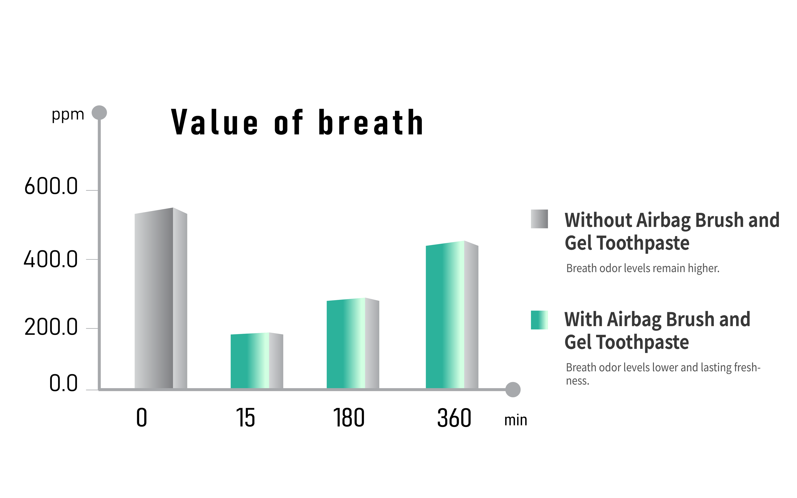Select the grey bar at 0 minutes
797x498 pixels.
point(161,298)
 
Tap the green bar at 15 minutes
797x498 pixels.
point(257,361)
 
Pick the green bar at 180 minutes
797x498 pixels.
point(353,343)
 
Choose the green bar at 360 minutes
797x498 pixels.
point(452,315)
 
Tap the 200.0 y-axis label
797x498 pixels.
point(51,327)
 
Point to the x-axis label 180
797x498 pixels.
point(349,418)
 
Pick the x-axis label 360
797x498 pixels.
point(454,418)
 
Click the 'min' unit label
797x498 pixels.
point(516,420)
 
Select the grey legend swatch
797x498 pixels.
point(539,219)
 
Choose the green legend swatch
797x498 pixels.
point(539,320)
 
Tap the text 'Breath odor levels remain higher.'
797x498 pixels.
point(643,269)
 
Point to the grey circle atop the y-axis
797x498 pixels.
point(99,113)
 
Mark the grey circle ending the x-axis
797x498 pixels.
point(513,390)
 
